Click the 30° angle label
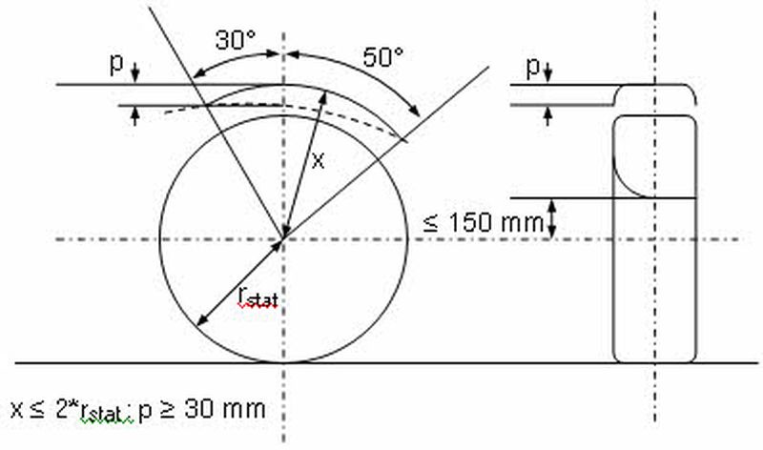pos(236,40)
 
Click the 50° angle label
pos(383,57)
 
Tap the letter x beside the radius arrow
pos(318,160)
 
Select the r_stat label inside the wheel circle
pos(258,297)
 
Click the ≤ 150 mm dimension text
pos(484,223)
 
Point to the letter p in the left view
pos(116,64)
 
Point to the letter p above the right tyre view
pos(533,67)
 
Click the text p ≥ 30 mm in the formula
pos(202,410)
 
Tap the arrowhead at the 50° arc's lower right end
pos(414,112)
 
